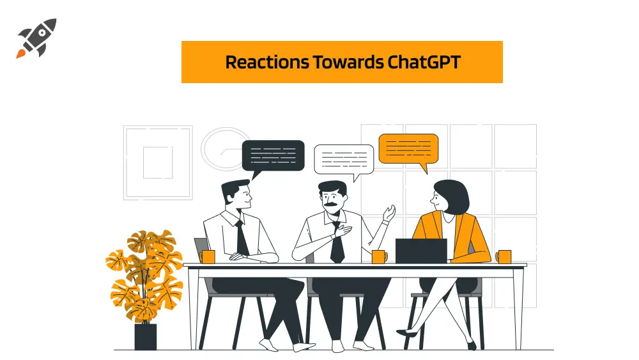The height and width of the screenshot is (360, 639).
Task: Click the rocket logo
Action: pos(36,38)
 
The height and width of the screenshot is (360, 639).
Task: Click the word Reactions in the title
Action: pos(267,63)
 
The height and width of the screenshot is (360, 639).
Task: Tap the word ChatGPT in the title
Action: pos(424,63)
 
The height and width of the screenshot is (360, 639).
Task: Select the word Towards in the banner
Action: pos(348,63)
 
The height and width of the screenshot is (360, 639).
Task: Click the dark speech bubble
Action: pos(273,156)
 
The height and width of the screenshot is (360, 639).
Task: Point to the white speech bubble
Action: pos(344,159)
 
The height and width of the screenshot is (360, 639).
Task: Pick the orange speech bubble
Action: pos(408,149)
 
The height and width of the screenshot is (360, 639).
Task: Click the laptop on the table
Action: pos(421,251)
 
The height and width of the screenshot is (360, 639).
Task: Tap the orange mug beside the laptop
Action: pos(379,257)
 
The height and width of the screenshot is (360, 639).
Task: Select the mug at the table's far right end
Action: pos(504,257)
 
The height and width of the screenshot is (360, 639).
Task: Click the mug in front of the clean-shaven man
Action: pos(208,257)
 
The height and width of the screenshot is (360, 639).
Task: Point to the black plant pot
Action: pos(146,337)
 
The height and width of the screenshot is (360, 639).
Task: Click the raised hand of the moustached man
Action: pos(389,214)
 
